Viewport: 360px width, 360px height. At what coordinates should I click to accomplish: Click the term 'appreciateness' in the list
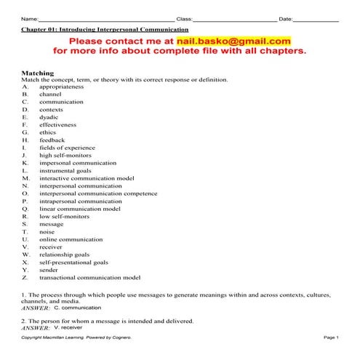pos(62,87)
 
